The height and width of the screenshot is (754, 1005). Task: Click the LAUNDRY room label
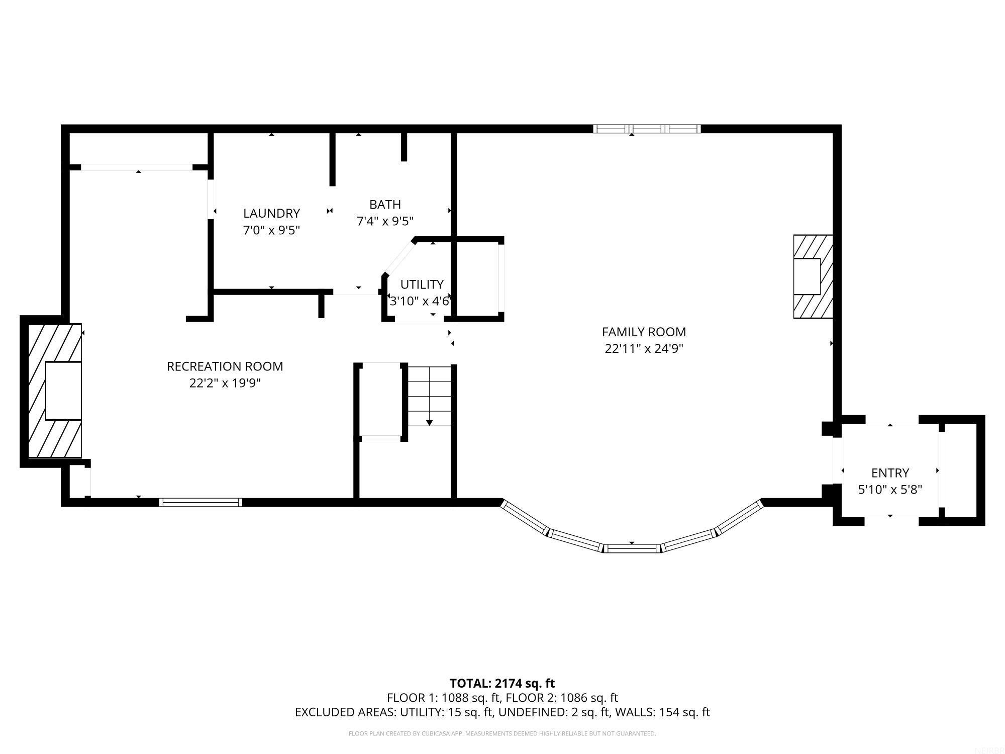pyautogui.click(x=271, y=213)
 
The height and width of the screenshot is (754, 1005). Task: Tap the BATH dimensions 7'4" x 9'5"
pyautogui.click(x=385, y=221)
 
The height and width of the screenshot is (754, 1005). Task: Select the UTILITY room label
pyautogui.click(x=422, y=285)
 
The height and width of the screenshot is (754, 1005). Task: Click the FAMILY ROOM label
pyautogui.click(x=644, y=332)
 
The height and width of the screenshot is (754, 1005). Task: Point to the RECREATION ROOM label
pyautogui.click(x=225, y=366)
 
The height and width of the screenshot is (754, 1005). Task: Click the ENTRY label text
pyautogui.click(x=890, y=473)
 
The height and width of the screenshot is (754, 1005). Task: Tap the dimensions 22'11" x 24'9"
pyautogui.click(x=644, y=348)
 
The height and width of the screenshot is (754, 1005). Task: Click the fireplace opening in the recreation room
pyautogui.click(x=63, y=391)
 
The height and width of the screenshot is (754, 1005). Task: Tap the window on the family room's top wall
pyautogui.click(x=647, y=129)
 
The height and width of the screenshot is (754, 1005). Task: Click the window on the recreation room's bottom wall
pyautogui.click(x=200, y=502)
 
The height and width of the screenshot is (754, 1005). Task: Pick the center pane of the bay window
pyautogui.click(x=632, y=548)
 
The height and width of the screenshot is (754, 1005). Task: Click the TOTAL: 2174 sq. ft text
pyautogui.click(x=502, y=683)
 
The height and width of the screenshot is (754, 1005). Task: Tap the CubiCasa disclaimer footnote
pyautogui.click(x=502, y=733)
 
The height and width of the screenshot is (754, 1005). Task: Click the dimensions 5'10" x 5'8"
pyautogui.click(x=890, y=490)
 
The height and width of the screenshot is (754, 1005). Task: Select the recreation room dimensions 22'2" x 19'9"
pyautogui.click(x=225, y=383)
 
